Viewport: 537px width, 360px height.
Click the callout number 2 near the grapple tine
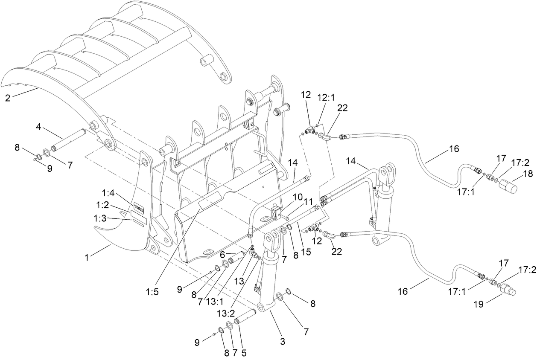pyautogui.click(x=8, y=98)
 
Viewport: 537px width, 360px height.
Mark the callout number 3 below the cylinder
pyautogui.click(x=282, y=342)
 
